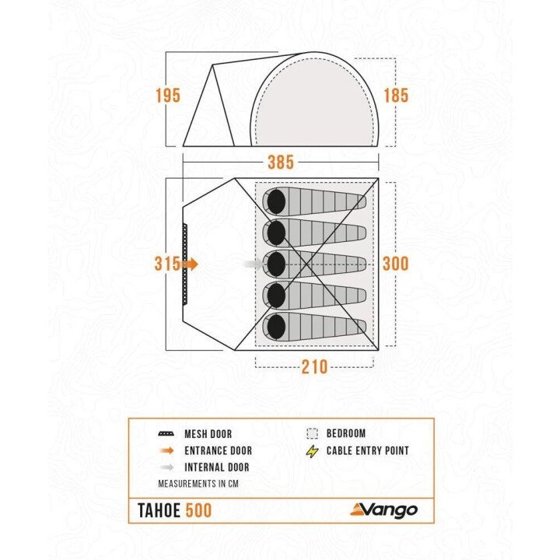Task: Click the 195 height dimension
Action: pos(167,96)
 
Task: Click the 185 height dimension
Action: pos(396,96)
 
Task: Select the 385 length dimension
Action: pos(280,163)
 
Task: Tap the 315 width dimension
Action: pos(166,264)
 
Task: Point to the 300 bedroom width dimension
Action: pos(395,264)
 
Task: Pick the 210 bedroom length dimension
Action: pos(314,366)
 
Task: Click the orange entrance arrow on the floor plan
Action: pos(191,264)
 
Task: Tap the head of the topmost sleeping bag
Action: pos(275,201)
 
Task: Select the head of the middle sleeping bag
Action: pos(275,264)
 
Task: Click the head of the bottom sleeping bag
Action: pos(275,326)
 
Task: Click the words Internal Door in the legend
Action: pos(217,467)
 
